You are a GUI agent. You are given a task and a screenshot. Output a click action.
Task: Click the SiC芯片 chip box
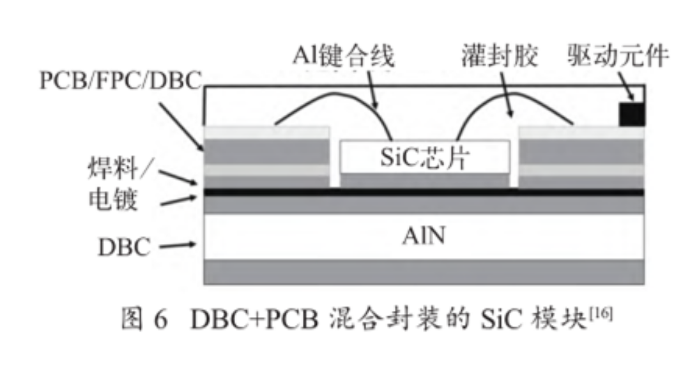pos(425,157)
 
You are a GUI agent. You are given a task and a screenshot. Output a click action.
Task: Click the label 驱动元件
pos(617,57)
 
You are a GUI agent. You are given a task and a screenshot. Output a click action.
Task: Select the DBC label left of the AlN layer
pos(124,246)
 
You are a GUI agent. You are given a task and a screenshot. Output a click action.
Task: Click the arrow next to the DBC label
pos(176,244)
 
